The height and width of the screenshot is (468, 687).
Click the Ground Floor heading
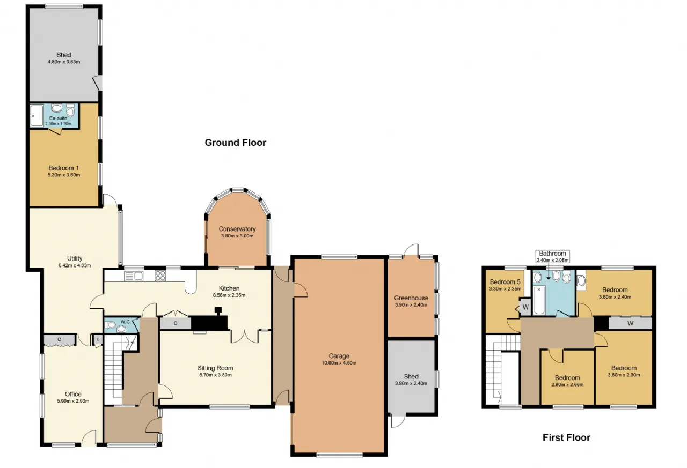tap(235, 143)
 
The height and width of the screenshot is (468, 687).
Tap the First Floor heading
tap(566, 437)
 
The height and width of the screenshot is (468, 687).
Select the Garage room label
tap(339, 356)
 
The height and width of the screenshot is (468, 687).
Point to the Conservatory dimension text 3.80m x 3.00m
tap(237, 236)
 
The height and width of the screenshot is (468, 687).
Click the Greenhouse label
tap(411, 298)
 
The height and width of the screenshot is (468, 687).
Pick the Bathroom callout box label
tap(552, 254)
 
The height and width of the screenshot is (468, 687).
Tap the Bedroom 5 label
tap(505, 282)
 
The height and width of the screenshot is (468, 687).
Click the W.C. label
tap(126, 322)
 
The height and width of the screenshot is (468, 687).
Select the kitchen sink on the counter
tap(134, 276)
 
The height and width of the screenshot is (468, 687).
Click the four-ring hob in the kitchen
tap(160, 276)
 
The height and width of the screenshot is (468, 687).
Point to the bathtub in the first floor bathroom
tap(539, 300)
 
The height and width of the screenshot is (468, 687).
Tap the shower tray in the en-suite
tap(36, 115)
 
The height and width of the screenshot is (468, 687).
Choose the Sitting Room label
tap(215, 368)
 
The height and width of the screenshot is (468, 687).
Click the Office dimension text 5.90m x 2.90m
tap(73, 401)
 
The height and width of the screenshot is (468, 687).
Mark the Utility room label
tap(75, 258)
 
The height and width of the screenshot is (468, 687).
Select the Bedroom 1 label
tap(63, 168)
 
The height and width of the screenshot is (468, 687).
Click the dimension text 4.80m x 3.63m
tap(64, 62)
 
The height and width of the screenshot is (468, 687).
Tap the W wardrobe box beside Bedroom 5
tap(525, 307)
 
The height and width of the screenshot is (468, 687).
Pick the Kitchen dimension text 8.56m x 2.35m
tap(229, 295)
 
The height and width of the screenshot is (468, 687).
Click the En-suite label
tap(58, 118)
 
